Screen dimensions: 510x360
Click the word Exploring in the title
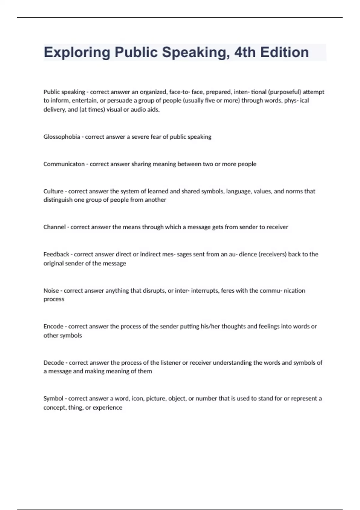point(77,52)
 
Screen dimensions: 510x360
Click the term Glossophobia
point(62,137)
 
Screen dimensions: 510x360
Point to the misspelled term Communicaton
point(64,164)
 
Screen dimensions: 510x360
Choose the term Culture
point(53,191)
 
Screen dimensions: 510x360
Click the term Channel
point(54,227)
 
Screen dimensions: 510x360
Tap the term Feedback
point(56,254)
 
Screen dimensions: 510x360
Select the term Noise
point(51,290)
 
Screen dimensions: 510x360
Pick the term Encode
point(53,326)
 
